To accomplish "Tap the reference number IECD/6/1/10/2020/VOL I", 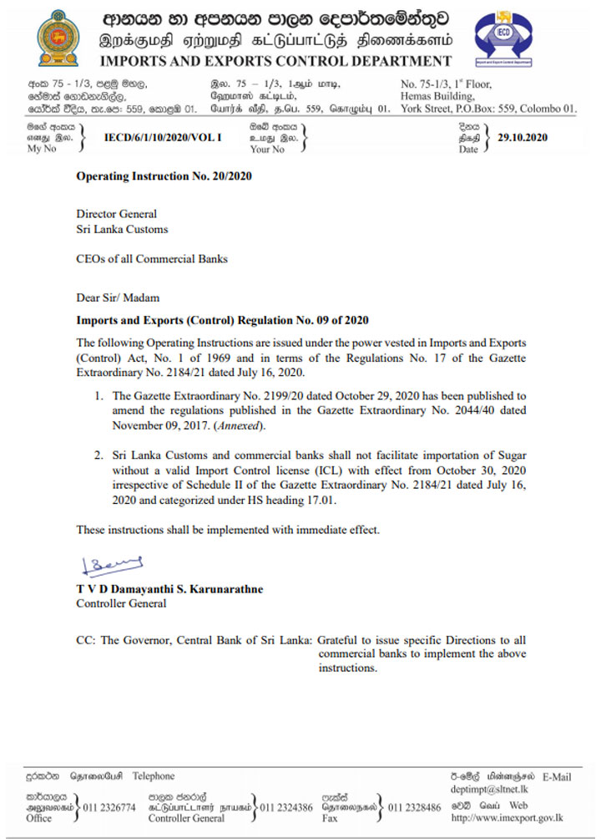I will coord(163,138).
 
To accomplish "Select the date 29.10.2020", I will coord(523,138).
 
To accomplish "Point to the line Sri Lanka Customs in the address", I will coord(122,229).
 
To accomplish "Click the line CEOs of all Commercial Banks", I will coord(152,259).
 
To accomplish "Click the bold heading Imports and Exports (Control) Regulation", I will coord(222,320).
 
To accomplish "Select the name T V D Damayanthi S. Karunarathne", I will coord(169,589).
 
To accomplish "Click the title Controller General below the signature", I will coord(121,603).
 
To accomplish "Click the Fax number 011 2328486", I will coord(415,807).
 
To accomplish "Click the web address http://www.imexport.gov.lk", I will coord(507,818).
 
